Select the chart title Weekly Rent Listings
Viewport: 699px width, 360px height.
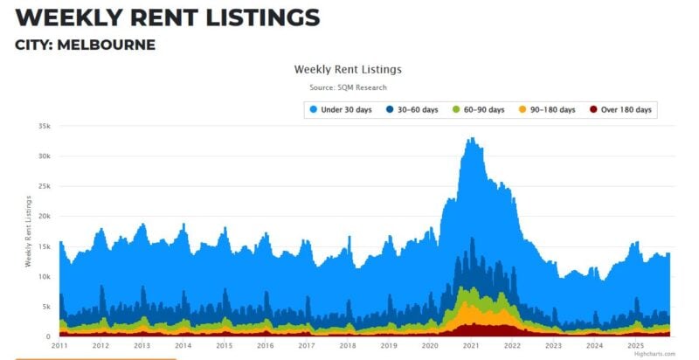point(348,69)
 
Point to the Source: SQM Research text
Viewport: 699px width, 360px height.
point(348,87)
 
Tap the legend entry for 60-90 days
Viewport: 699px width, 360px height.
point(478,109)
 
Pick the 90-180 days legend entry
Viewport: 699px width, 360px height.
point(548,109)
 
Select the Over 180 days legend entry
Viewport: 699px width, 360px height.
point(621,109)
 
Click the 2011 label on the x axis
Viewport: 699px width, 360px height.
point(59,346)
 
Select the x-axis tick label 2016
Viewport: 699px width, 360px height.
point(266,346)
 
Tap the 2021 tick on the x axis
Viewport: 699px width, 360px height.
point(471,346)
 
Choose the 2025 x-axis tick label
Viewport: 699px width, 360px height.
point(635,346)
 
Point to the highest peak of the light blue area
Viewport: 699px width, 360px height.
point(472,138)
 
